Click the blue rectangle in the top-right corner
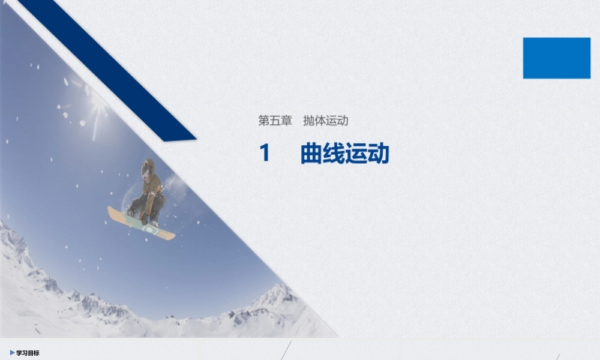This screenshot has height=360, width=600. coord(556,58)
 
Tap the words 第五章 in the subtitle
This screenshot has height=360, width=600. coord(275,121)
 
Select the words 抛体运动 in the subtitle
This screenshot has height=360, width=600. coord(326,121)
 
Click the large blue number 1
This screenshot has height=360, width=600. coord(265,154)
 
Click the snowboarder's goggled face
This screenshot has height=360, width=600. coord(146,171)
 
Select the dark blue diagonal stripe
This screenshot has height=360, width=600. coord(108,66)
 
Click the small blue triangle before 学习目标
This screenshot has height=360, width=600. coord(12,353)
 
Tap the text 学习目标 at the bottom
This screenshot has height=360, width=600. coord(28,353)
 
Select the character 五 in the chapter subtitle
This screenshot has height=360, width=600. coord(275,121)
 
